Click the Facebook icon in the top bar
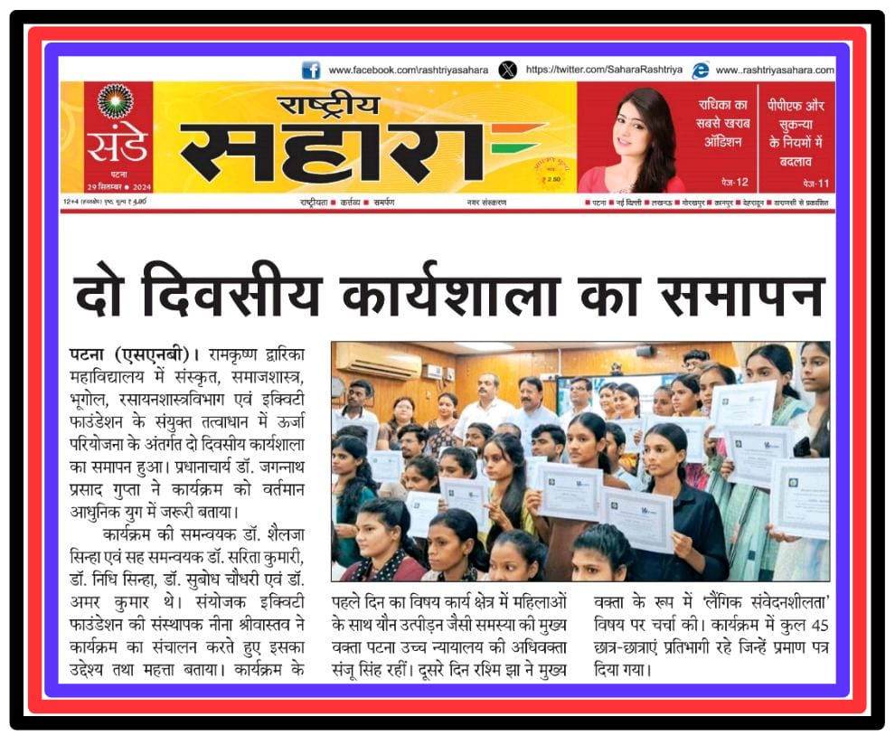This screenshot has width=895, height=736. click(x=311, y=70)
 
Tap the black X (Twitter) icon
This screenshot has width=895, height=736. click(x=508, y=70)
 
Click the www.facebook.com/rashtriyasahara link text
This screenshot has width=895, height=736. click(x=408, y=71)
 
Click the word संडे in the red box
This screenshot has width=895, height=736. click(x=116, y=143)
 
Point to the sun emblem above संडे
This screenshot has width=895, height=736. click(x=116, y=101)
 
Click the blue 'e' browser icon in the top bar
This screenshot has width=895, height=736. click(x=701, y=70)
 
